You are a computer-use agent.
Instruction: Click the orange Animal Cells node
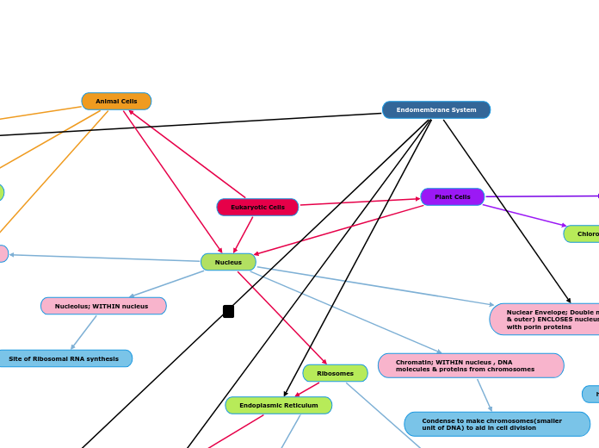[116, 102]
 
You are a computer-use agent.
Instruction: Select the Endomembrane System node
[435, 110]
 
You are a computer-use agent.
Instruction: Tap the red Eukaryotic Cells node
[257, 208]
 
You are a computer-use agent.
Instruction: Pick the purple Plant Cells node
[452, 197]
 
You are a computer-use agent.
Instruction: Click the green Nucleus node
[228, 262]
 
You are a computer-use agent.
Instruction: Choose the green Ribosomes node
[335, 373]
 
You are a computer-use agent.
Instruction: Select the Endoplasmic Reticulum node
[278, 406]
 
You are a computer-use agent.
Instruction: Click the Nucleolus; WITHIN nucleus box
[102, 306]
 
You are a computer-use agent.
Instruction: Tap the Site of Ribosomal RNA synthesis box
[64, 358]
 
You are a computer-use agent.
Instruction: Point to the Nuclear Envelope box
[547, 320]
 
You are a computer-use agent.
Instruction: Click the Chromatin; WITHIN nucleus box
[470, 366]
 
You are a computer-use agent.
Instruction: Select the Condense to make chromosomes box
[497, 424]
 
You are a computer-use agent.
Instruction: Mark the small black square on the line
[228, 311]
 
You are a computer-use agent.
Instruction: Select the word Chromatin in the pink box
[412, 362]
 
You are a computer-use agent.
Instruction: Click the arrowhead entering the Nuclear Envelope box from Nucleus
[491, 305]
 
